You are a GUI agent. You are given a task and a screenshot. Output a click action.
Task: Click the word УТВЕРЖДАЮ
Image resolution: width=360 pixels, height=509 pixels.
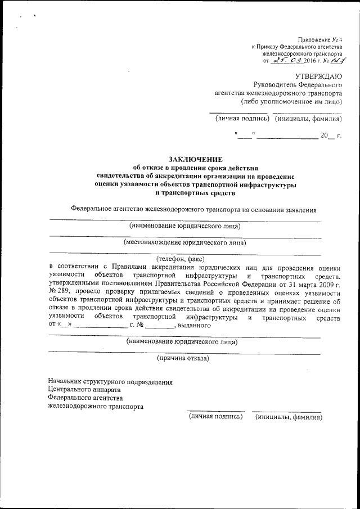(x=318, y=75)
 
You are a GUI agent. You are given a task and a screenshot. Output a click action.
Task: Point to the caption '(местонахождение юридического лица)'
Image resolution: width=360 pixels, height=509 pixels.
(x=184, y=244)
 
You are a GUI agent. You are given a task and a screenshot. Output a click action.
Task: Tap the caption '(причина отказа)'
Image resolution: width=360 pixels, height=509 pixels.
(x=183, y=358)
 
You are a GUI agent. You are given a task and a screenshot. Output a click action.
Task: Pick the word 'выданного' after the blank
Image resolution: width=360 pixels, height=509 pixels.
(x=194, y=325)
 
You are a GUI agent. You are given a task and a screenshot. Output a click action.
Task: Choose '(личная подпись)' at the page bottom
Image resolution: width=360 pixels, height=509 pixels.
(x=216, y=417)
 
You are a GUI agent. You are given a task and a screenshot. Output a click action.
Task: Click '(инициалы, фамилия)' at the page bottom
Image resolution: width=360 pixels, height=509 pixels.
(x=289, y=417)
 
